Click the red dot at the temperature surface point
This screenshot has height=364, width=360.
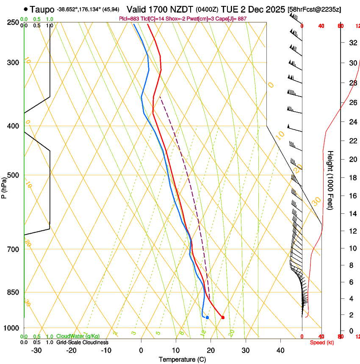pos(223,317)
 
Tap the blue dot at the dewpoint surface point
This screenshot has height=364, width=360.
pos(207,317)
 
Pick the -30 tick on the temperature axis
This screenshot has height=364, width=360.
pos(36,350)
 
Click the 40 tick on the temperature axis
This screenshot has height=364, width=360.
pos(280,350)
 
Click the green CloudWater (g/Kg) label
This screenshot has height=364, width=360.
pos(78,336)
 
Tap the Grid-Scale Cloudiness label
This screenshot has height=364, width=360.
pos(82,342)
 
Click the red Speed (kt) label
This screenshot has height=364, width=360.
pos(322,342)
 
